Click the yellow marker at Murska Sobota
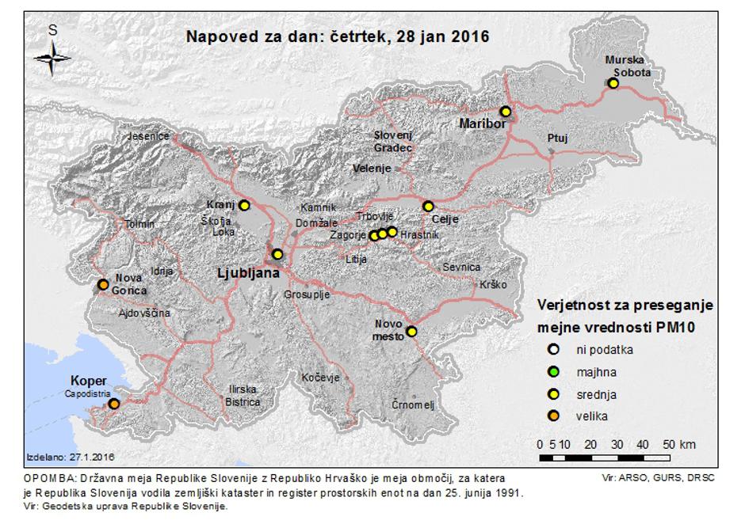[612, 83]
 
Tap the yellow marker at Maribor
[505, 112]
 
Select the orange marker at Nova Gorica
[102, 284]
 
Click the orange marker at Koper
[113, 404]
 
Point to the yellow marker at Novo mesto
[411, 332]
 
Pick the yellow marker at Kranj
[244, 206]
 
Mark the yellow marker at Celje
[428, 207]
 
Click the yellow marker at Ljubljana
[277, 254]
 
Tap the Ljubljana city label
[249, 274]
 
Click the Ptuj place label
[557, 139]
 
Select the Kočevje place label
[320, 378]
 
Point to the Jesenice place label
[149, 136]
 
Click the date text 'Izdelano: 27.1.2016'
[71, 458]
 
